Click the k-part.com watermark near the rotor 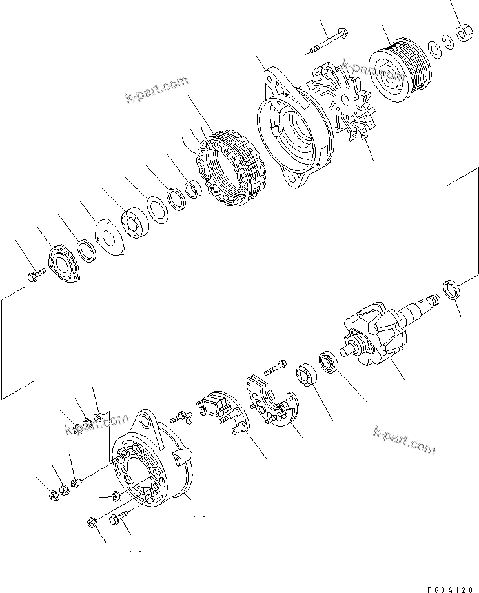[405, 440]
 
